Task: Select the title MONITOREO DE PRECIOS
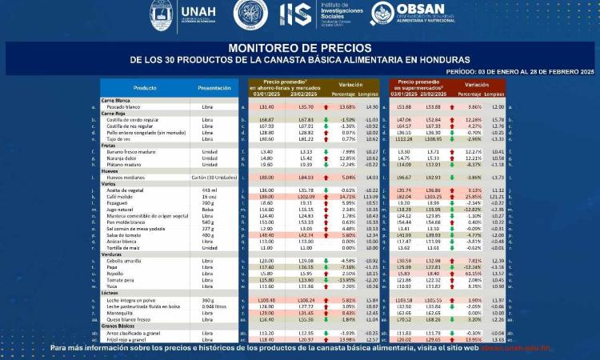coord(299,48)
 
